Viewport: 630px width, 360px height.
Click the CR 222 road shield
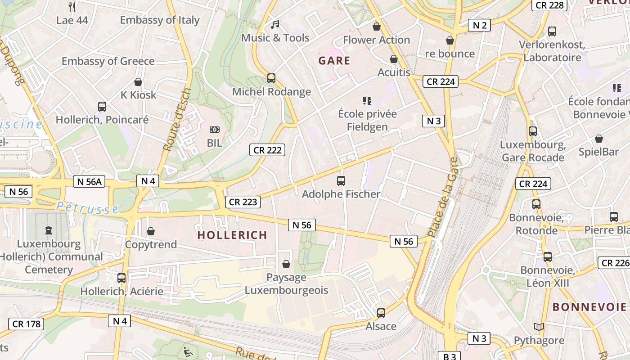tap(267, 150)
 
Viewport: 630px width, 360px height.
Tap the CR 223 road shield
tap(243, 202)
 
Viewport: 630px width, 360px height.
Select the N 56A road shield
tap(89, 181)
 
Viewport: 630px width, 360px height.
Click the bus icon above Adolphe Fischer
tap(341, 181)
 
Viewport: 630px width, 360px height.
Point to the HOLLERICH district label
tap(232, 235)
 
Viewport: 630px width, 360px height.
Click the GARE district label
tap(334, 61)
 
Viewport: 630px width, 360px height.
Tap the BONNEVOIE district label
tap(589, 307)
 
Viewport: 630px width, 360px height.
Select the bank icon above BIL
tap(215, 130)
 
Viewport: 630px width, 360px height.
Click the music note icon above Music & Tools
tap(275, 24)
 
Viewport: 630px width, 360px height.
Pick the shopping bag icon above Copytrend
tap(151, 231)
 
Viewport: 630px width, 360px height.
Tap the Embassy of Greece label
tap(108, 61)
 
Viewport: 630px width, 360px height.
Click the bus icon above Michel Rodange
tap(271, 78)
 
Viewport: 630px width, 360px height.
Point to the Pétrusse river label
tap(88, 208)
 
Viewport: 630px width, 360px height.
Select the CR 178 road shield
tap(26, 324)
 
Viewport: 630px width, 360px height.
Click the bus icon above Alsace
tap(381, 313)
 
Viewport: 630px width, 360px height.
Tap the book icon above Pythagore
tap(539, 327)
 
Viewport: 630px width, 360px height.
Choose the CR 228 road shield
tap(549, 5)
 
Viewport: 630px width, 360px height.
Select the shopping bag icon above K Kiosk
tap(138, 82)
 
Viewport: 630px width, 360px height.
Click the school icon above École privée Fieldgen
tap(367, 100)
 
